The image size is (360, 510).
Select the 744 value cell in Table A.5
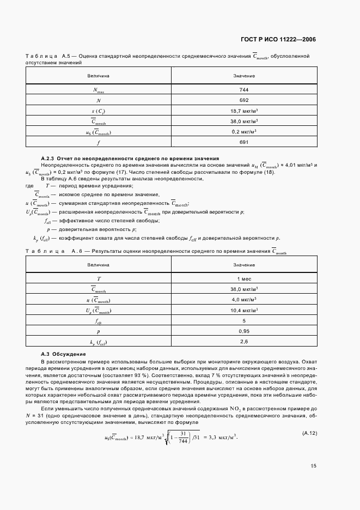tap(243, 90)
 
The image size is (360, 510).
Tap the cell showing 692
tap(243, 100)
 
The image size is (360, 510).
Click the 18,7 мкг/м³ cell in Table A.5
tap(243, 111)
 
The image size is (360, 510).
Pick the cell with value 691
tap(243, 142)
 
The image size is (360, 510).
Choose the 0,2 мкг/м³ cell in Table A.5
tap(243, 132)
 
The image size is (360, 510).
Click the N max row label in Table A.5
tap(99, 90)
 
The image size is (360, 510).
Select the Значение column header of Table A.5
tap(243, 76)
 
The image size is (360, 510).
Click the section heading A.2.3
tap(130, 157)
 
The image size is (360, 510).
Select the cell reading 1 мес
tap(243, 278)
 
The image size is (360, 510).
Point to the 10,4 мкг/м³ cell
tap(243, 310)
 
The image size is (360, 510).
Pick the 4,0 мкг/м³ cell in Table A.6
tap(243, 300)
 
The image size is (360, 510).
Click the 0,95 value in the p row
tap(243, 331)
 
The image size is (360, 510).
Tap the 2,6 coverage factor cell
tap(243, 342)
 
